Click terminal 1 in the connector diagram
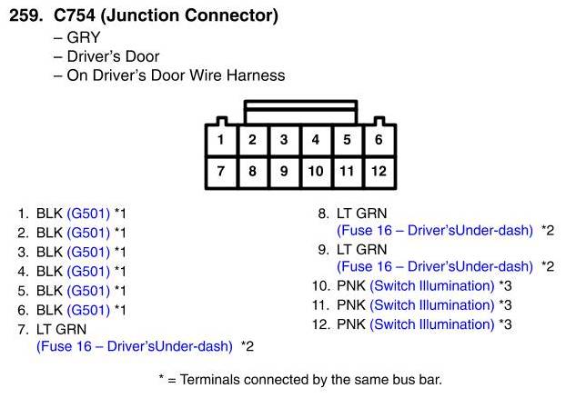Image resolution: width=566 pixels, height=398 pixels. pos(221,140)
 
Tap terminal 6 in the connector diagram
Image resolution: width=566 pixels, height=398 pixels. pos(379,140)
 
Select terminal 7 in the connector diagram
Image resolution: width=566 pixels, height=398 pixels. pos(221,171)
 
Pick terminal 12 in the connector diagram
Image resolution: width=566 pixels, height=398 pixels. pos(379,171)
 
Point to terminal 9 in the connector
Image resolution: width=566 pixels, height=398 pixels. pos(284,171)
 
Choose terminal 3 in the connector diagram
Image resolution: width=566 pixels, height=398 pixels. pos(284,140)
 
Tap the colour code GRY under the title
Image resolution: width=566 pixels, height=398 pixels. pos(83,39)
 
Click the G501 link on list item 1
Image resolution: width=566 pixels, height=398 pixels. pos(88,214)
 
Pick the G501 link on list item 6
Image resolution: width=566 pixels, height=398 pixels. pos(88,309)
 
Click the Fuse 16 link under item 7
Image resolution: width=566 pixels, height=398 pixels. pos(134,346)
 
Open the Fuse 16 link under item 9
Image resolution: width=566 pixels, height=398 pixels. pos(434,266)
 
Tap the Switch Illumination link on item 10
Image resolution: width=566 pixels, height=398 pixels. pos(432,285)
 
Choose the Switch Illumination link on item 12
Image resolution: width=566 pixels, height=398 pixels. pos(432,323)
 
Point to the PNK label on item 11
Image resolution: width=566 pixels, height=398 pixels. pos(351,304)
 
